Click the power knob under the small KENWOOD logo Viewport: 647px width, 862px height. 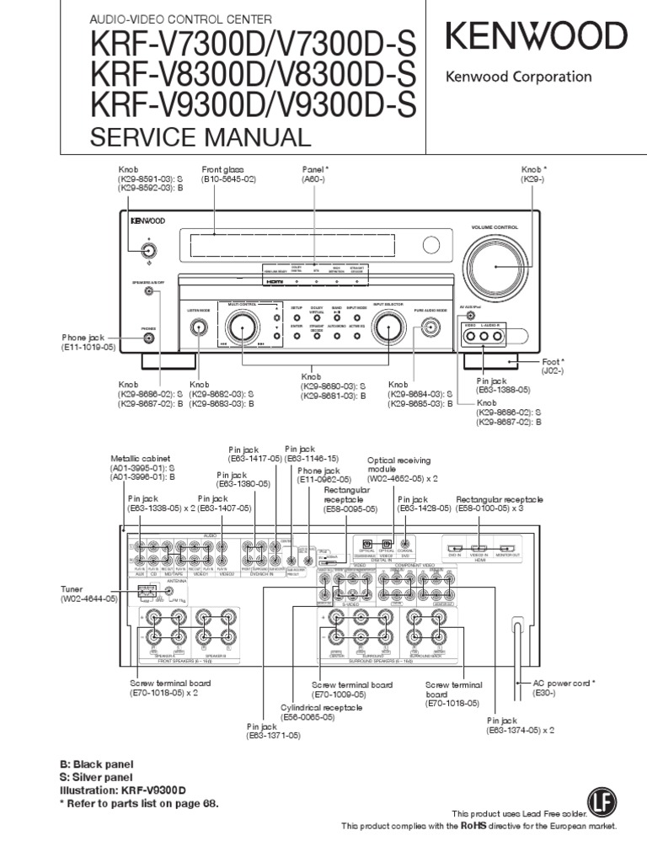pyautogui.click(x=149, y=248)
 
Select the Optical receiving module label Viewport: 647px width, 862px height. pyautogui.click(x=398, y=469)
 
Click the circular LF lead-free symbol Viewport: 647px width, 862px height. pyautogui.click(x=598, y=798)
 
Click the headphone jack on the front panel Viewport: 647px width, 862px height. pyautogui.click(x=149, y=338)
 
